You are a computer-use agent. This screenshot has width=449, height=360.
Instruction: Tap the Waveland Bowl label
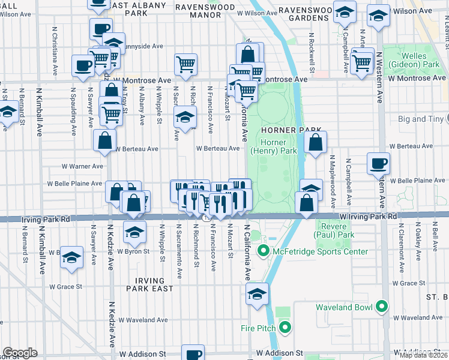344,307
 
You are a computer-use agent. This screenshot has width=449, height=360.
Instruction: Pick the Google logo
20,353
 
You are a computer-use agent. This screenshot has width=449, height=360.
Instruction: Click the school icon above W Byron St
135,232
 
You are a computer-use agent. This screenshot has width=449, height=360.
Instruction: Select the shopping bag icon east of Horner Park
315,143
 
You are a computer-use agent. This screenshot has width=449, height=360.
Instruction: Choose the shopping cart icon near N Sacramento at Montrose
186,64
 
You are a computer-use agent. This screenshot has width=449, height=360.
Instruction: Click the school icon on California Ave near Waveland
257,294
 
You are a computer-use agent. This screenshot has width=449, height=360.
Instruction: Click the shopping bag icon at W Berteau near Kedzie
105,140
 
